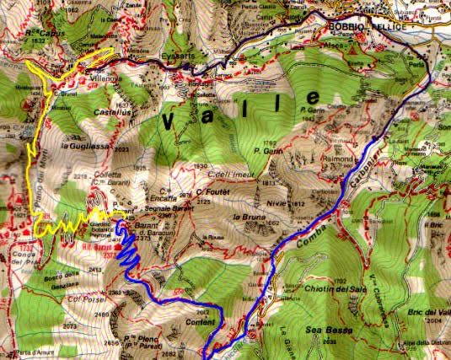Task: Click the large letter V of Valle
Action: tap(171, 123)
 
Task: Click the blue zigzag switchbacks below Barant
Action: tap(129, 250)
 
